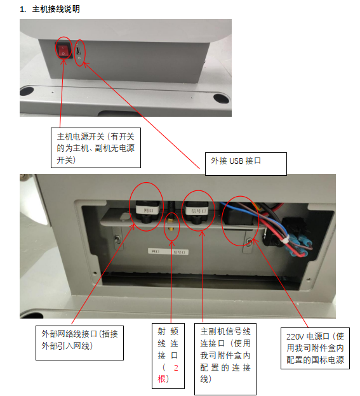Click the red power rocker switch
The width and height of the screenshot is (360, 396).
coord(64,50)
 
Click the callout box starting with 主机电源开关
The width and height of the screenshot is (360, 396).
coord(96,148)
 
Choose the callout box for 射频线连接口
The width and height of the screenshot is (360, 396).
coord(170,355)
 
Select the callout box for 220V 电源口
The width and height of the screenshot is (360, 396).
coord(315,348)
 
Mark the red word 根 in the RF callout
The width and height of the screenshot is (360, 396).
coord(162,379)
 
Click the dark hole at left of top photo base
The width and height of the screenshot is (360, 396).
coord(32,98)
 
